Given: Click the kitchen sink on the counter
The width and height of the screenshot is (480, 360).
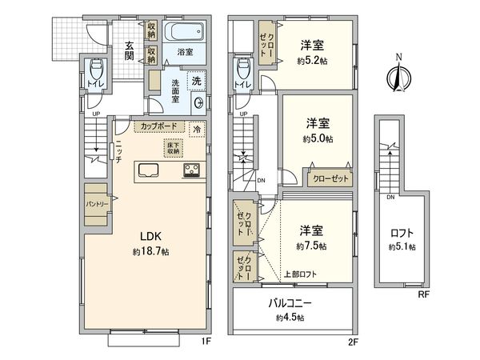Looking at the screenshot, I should [150, 170].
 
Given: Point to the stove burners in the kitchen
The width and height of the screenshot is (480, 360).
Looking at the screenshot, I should [193, 170].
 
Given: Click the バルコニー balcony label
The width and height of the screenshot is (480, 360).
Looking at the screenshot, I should [290, 304].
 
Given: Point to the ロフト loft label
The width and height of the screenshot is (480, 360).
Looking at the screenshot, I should [402, 234].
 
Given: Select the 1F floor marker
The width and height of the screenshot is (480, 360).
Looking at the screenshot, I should [205, 342].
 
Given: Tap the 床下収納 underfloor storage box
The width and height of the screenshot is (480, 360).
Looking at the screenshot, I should [173, 147].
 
